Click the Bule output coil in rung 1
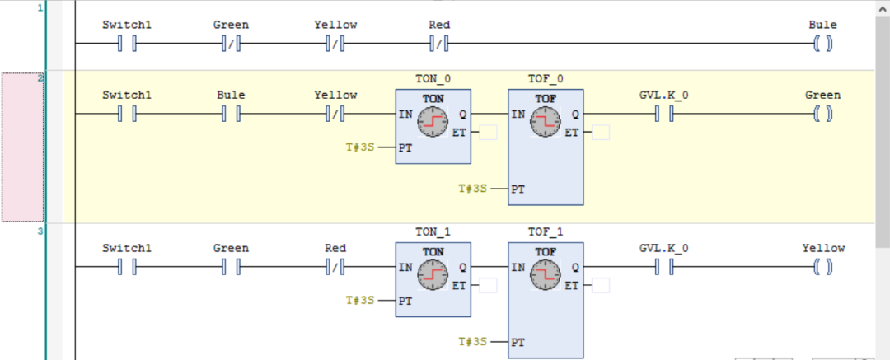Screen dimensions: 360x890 (x=822, y=44)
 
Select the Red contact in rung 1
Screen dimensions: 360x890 (x=439, y=44)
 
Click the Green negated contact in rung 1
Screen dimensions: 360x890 (x=231, y=44)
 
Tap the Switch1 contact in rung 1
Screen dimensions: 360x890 (x=126, y=44)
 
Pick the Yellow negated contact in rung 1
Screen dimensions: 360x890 (x=335, y=44)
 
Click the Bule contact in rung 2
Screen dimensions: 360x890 (x=231, y=114)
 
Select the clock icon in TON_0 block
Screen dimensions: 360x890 (x=433, y=124)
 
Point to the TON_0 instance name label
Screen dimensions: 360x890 (x=433, y=80)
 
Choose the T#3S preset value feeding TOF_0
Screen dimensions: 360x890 (x=474, y=189)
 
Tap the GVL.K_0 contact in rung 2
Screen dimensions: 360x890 (x=664, y=114)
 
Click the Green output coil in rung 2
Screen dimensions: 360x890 (x=822, y=114)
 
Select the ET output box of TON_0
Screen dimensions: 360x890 (x=488, y=133)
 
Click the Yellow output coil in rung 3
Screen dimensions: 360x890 (x=822, y=267)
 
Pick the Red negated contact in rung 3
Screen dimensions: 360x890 (x=335, y=267)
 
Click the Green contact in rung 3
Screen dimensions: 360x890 (x=231, y=267)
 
